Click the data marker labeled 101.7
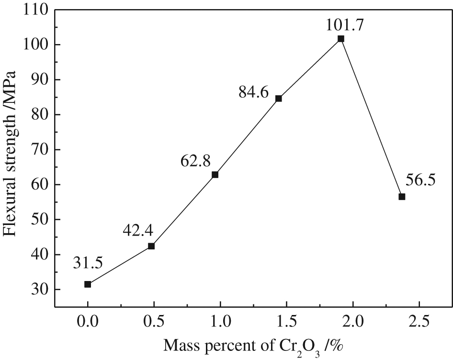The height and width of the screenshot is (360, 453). (x=340, y=39)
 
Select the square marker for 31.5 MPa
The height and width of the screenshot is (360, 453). (x=88, y=284)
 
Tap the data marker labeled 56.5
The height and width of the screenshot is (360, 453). (x=402, y=197)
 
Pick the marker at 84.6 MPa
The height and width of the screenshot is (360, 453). (x=279, y=99)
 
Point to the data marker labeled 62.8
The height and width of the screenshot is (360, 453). (x=215, y=175)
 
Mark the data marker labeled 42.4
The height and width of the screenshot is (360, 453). (x=151, y=246)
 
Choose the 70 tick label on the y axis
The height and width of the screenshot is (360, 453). (x=37, y=149)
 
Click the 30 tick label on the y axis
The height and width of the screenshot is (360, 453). (x=37, y=289)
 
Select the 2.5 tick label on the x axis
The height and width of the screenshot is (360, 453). (x=419, y=321)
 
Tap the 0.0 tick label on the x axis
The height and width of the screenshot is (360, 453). (x=88, y=321)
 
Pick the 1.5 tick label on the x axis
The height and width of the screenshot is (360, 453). (x=287, y=321)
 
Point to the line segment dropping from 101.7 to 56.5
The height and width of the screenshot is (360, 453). (x=371, y=118)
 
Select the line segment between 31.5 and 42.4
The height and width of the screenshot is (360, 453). (x=120, y=265)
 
